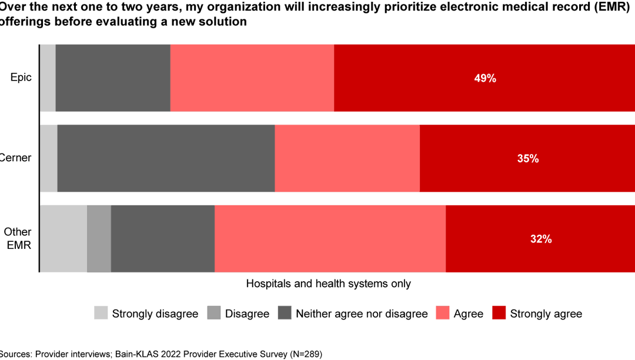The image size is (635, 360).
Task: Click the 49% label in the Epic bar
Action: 485,78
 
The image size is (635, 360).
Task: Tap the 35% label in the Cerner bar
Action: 527,158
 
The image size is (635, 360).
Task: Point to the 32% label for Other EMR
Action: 540,239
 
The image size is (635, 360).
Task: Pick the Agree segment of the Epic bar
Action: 252,78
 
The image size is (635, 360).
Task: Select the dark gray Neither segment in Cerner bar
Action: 166,158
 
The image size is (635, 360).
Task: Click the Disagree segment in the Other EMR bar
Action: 99,239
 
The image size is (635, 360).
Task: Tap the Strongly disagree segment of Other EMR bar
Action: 63,239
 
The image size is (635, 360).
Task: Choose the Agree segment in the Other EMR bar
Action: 330,239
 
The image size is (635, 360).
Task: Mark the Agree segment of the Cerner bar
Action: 347,158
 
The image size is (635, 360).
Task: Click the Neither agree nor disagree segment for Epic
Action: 113,78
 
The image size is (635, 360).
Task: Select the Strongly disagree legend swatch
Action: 101,313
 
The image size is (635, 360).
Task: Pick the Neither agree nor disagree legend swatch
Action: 285,313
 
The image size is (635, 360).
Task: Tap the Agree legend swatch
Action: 443,313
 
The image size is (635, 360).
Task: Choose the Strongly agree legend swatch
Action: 499,313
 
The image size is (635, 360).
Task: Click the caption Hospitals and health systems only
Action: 328,284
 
